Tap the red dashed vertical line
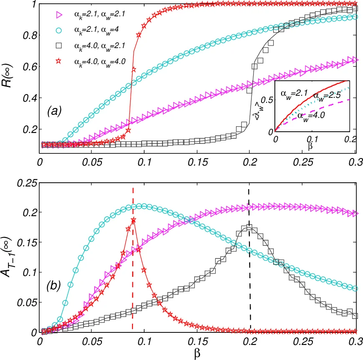tap(133, 293)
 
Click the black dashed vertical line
tap(250, 293)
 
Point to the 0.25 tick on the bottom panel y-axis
tap(28, 182)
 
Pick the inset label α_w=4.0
tap(313, 123)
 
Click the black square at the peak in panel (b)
tap(249, 227)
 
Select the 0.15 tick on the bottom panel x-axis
tap(197, 342)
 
